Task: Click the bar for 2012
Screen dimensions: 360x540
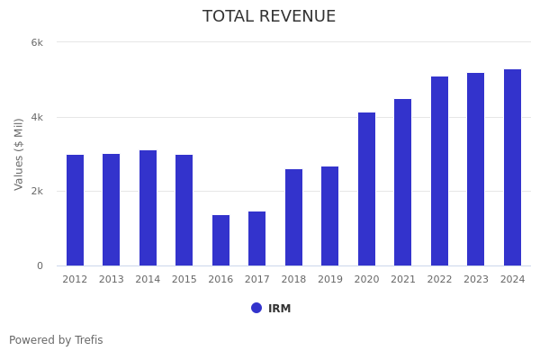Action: click(x=75, y=210)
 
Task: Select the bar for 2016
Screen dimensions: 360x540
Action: click(x=220, y=240)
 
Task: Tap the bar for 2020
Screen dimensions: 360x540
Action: click(x=366, y=189)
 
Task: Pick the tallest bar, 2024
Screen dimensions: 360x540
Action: click(x=512, y=167)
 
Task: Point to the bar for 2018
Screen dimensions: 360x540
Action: click(x=293, y=217)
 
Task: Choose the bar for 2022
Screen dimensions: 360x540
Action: click(x=439, y=171)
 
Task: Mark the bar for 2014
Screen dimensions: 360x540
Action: click(x=148, y=208)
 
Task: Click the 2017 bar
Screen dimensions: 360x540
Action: click(x=257, y=238)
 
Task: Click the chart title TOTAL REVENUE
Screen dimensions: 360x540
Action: click(x=269, y=17)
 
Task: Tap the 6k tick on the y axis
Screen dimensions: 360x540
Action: click(x=37, y=42)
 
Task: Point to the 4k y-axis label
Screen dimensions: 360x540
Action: click(x=37, y=117)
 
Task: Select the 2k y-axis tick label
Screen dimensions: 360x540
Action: click(x=37, y=192)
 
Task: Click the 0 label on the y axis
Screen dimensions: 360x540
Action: click(x=40, y=266)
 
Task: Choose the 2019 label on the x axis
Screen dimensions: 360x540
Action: click(x=330, y=280)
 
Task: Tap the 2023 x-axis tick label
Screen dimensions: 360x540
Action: click(x=476, y=280)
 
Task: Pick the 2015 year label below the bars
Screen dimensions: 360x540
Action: click(x=184, y=280)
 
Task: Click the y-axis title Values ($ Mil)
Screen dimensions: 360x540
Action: click(x=19, y=154)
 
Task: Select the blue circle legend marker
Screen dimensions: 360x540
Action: click(x=256, y=308)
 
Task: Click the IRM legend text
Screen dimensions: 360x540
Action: click(x=279, y=309)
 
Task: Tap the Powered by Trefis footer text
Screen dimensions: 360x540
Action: click(x=56, y=340)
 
